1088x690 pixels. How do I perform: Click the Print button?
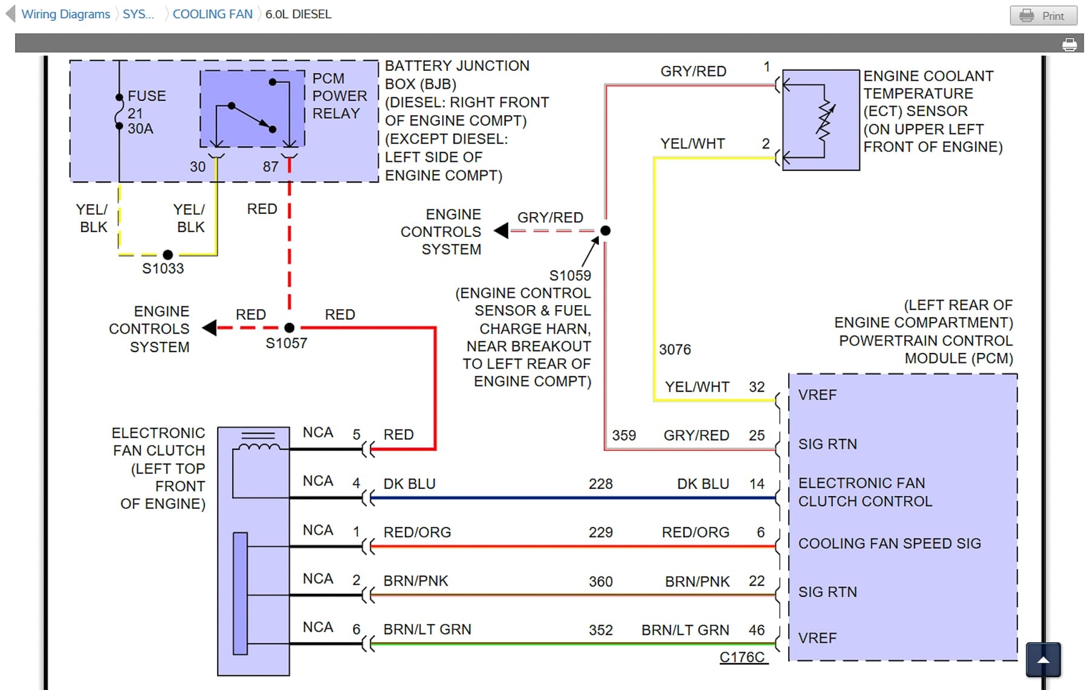(1043, 16)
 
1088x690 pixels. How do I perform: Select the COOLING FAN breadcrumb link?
(212, 14)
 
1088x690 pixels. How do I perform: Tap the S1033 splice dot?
(168, 255)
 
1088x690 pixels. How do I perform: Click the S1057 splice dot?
(290, 327)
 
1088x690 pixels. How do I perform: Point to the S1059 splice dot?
(605, 230)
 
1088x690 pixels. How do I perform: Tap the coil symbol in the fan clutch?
(259, 447)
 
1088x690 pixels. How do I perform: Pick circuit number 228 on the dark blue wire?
(600, 484)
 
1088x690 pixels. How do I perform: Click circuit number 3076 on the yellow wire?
(675, 350)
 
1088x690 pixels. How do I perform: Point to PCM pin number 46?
(757, 630)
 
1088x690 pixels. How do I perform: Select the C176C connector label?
(742, 657)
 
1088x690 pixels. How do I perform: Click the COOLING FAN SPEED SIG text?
(889, 544)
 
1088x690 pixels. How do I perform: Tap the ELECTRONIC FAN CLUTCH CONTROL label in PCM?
(864, 492)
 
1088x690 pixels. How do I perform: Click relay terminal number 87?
(270, 167)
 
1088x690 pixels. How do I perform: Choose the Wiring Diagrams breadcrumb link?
(65, 14)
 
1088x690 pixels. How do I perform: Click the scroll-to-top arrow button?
(1043, 660)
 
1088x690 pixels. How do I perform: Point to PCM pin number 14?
(757, 484)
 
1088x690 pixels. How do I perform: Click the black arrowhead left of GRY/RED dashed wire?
(501, 230)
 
